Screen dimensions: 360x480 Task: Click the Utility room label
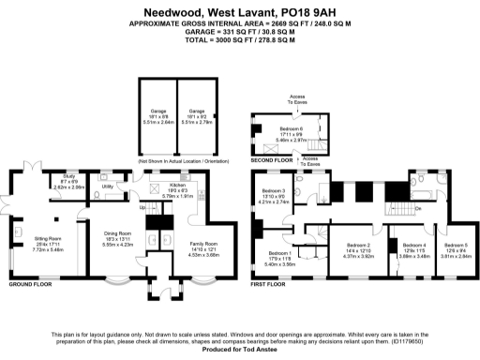point(107,187)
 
